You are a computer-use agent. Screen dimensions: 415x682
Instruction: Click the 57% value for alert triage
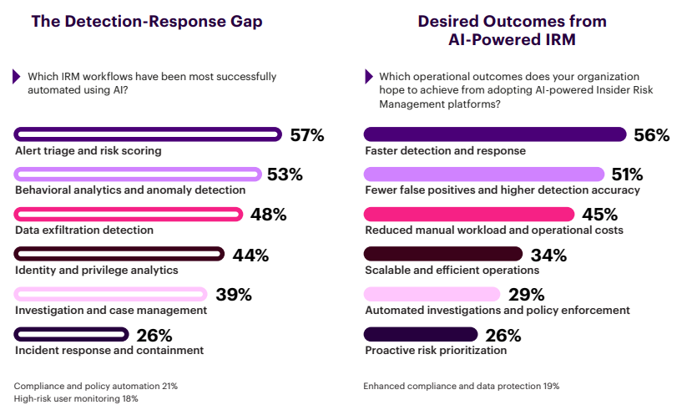(x=306, y=135)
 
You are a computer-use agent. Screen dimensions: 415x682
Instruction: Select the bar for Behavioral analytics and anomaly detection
(x=138, y=174)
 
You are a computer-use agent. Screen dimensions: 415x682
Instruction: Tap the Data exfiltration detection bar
(x=129, y=214)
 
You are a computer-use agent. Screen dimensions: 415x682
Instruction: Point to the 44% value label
(x=251, y=256)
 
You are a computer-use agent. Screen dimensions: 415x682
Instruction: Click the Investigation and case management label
(x=111, y=310)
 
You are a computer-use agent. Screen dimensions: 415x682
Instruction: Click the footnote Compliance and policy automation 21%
(x=96, y=387)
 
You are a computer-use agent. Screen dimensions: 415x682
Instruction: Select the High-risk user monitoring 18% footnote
(x=75, y=399)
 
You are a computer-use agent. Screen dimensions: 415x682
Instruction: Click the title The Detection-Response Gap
(x=147, y=22)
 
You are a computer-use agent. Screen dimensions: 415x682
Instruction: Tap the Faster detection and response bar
(x=495, y=134)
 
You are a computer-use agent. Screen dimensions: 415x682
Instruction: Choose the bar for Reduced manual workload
(x=469, y=214)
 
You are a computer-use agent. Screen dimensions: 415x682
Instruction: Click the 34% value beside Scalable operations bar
(x=548, y=255)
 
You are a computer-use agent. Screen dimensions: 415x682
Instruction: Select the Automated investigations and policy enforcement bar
(x=432, y=294)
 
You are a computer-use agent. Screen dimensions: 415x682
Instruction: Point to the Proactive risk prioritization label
(x=436, y=351)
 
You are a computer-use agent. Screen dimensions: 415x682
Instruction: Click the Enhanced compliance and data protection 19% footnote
(x=461, y=387)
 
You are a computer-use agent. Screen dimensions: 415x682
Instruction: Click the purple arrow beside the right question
(x=368, y=77)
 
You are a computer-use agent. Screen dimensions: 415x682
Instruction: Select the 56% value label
(x=651, y=135)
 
